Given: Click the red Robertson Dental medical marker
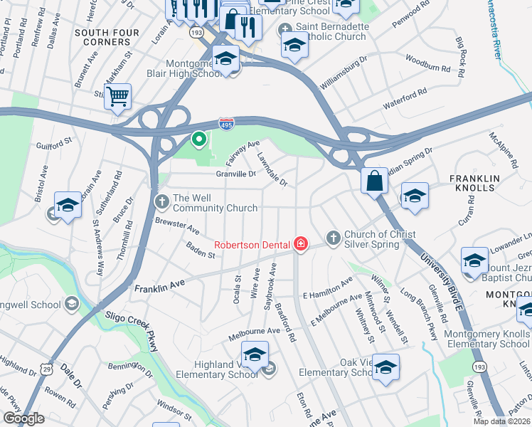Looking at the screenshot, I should (x=301, y=245).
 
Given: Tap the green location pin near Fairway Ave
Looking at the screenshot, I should (x=200, y=139).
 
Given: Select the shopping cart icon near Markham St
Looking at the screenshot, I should (x=117, y=95).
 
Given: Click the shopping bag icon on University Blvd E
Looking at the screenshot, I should (x=374, y=180).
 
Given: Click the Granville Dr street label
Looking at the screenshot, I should (x=236, y=173).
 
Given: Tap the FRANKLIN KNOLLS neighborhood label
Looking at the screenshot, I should (x=474, y=183).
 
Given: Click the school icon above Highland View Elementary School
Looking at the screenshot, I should (x=255, y=353).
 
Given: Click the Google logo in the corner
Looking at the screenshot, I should (x=23, y=418).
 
